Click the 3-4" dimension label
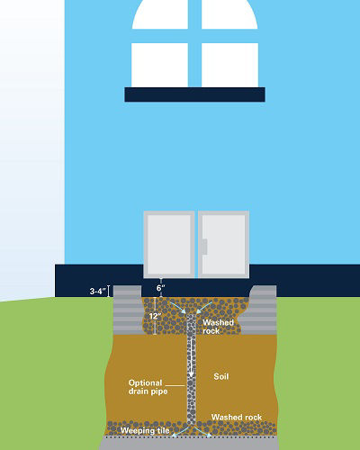pos(98,291)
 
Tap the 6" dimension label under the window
pos(161,288)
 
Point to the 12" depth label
pos(155,316)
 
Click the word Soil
pos(221,376)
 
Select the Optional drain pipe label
pos(148,387)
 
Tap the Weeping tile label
pos(145,430)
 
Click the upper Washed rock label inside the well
pos(218,327)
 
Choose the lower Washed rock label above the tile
pos(237,417)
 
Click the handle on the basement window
pos(205,247)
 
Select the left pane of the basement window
pos(169,245)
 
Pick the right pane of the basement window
pos(223,245)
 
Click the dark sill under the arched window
pos(195,94)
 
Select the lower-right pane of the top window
pos(229,65)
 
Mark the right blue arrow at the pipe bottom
pos(203,432)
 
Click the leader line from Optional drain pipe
pos(175,385)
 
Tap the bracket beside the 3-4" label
pos(109,291)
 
